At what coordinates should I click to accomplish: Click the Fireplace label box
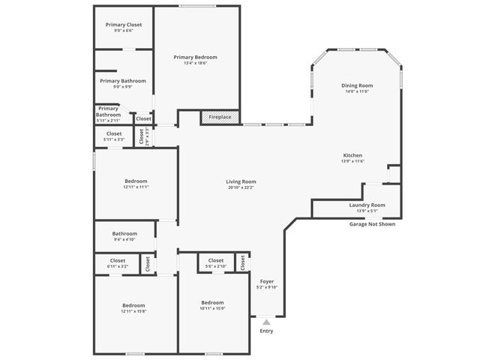pos(220,118)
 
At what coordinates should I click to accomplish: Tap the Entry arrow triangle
pos(265,322)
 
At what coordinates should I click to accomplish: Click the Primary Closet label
pos(123,25)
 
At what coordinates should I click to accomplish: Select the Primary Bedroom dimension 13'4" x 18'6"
pos(195,63)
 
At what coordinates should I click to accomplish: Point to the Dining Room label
pos(357,85)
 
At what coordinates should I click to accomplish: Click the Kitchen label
pos(352,155)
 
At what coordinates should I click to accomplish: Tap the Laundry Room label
pos(367,205)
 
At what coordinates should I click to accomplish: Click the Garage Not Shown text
pos(372,224)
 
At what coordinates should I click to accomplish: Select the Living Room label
pos(241,181)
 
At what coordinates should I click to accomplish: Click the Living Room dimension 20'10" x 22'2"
pos(241,187)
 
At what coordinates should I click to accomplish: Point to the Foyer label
pos(266,280)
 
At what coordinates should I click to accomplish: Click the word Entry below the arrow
pos(266,331)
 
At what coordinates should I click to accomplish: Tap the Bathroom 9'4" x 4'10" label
pos(124,239)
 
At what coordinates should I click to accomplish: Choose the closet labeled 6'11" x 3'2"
pos(118,266)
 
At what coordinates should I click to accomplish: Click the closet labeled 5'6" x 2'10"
pos(215,266)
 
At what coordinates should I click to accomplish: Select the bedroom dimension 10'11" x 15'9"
pos(213,308)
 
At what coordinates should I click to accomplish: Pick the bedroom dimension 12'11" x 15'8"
pos(133,311)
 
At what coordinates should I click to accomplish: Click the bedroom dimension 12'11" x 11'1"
pos(136,187)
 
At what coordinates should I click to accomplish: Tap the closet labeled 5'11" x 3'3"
pos(114,139)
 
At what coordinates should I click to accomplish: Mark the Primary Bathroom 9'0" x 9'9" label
pos(122,86)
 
